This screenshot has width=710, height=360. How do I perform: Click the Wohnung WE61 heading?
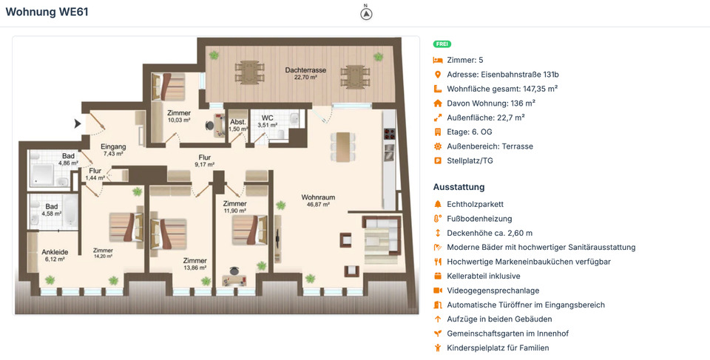click(47, 12)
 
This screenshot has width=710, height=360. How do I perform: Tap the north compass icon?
click(366, 13)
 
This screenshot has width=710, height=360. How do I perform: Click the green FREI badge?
click(442, 44)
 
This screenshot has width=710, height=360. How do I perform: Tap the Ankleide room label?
click(54, 251)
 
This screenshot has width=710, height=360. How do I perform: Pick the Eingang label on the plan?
click(113, 146)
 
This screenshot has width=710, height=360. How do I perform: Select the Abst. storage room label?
click(237, 123)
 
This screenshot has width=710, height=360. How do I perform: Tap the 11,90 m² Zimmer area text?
click(234, 211)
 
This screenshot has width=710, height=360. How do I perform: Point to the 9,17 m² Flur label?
click(205, 165)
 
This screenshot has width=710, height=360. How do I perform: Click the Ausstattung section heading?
click(459, 187)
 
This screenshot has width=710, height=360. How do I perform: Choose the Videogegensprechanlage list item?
click(493, 291)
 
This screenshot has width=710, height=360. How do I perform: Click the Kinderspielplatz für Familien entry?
click(498, 347)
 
